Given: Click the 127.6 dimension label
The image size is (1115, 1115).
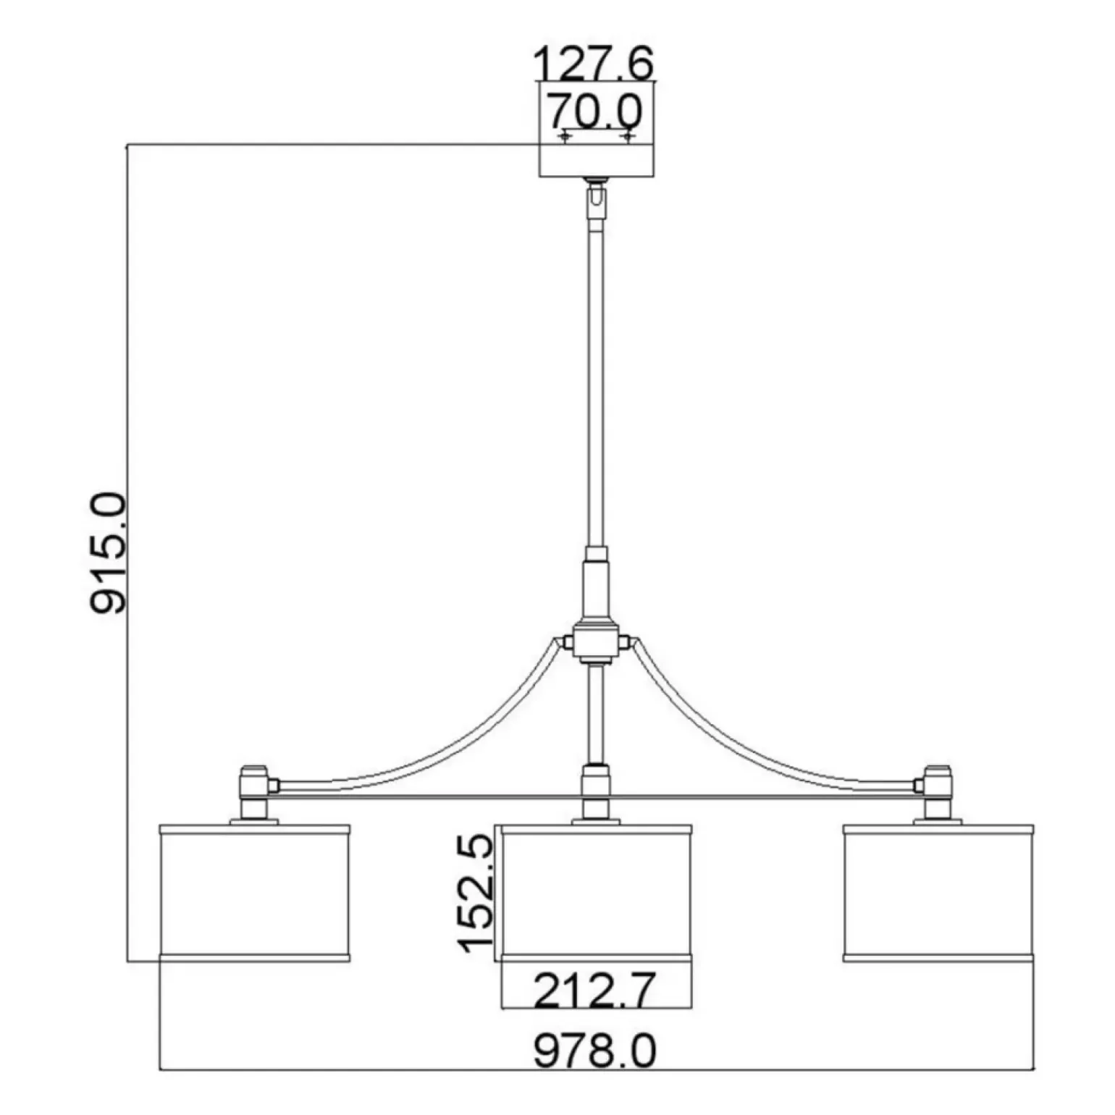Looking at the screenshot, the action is (594, 64).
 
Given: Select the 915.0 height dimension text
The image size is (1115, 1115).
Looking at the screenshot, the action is (109, 554).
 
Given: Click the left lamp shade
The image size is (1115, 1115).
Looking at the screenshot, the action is (254, 893).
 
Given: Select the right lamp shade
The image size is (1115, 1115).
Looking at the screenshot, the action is (939, 893).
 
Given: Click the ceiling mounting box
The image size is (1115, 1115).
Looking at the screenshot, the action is (597, 130).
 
